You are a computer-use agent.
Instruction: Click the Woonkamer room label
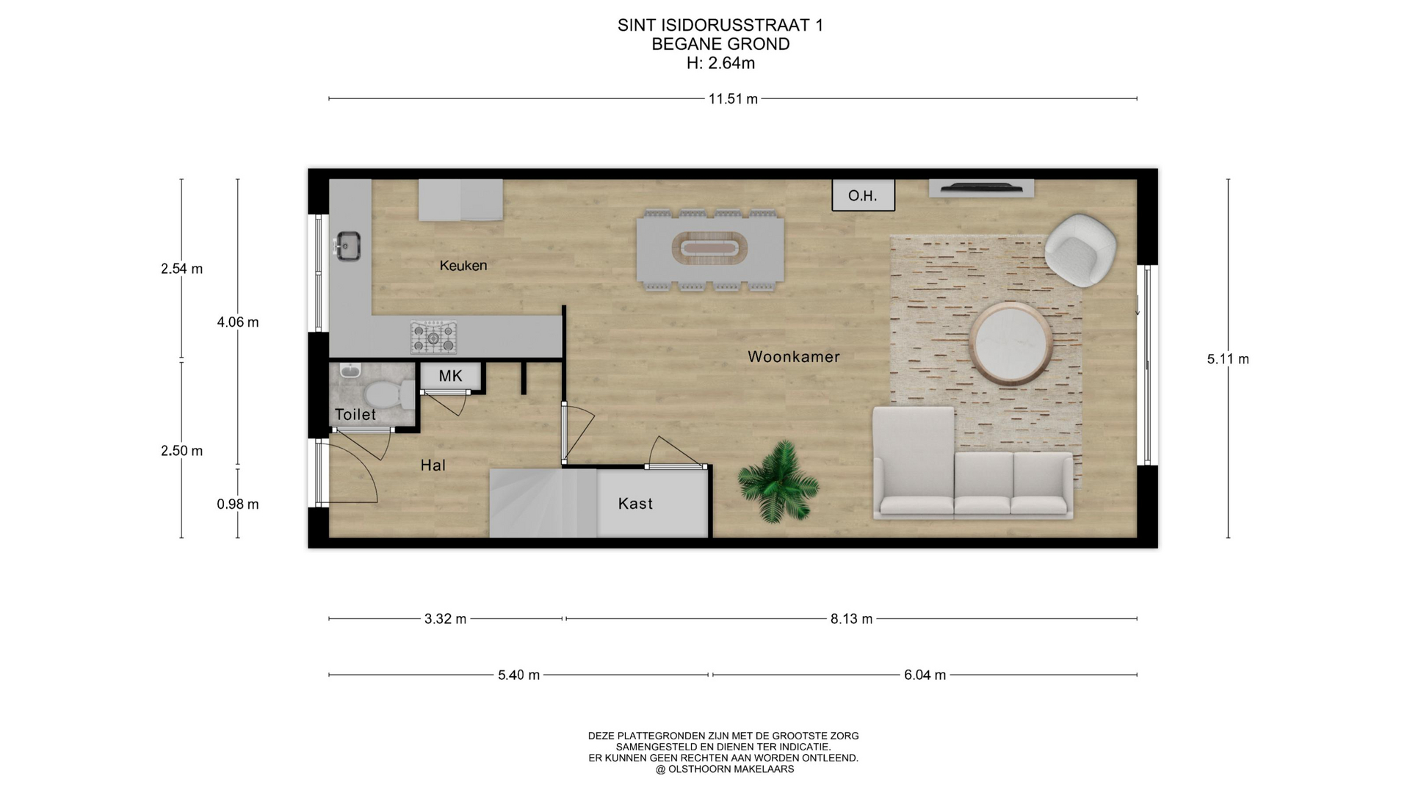(793, 357)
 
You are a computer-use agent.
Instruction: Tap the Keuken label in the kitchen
(463, 266)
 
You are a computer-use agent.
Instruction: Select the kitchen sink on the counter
(347, 246)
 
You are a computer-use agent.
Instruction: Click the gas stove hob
(433, 338)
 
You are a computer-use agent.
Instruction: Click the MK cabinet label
(450, 376)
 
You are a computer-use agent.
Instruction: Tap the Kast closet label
(635, 504)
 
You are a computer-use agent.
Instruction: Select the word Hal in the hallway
(433, 465)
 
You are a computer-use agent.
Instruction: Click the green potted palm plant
(778, 482)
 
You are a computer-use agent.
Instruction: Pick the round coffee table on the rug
(1010, 343)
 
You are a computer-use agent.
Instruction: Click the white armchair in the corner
(1080, 250)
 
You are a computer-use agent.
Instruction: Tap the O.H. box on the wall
(863, 196)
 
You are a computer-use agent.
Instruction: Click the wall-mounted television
(981, 189)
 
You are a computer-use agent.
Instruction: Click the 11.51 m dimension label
(733, 99)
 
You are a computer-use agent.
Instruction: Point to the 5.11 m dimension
(1228, 359)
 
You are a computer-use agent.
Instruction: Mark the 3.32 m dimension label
(445, 619)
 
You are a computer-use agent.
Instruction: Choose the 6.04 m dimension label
(925, 675)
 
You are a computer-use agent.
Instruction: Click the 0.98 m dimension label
(238, 504)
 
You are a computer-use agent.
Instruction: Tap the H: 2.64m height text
(720, 63)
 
